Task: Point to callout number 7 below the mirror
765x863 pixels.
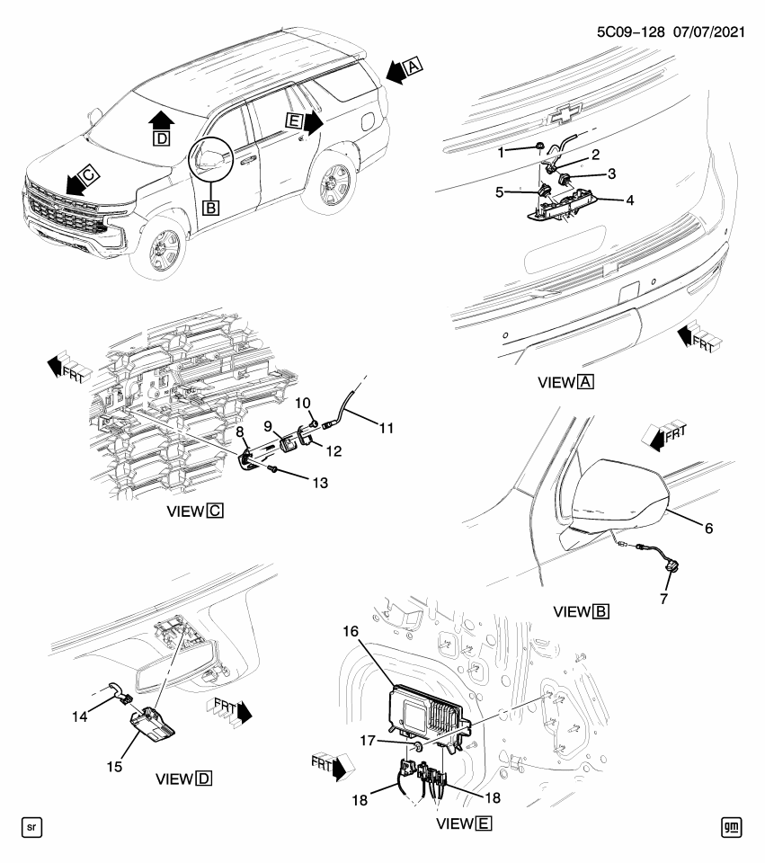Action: [664, 599]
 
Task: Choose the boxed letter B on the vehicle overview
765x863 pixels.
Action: [211, 208]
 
